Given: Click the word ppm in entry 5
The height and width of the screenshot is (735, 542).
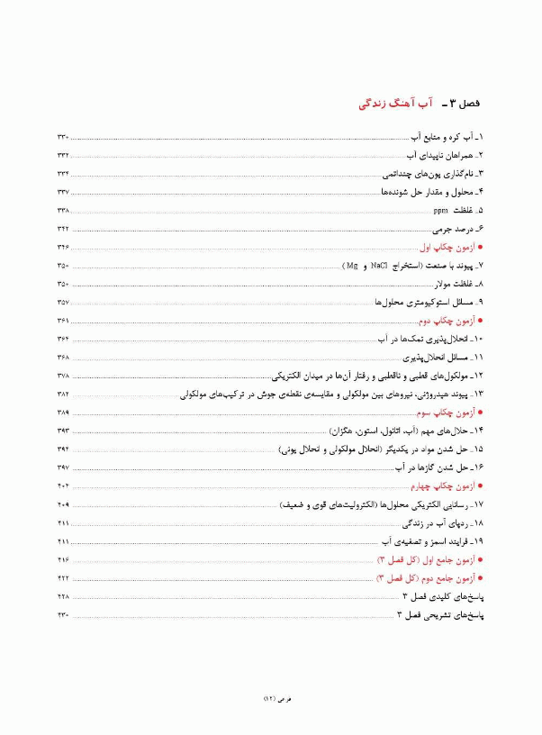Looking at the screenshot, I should point(440,211).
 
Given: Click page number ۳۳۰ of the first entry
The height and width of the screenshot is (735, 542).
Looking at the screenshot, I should point(63,137).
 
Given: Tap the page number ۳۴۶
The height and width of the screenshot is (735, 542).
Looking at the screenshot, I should point(63,248).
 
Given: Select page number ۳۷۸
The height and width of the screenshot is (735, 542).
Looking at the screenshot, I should point(63,376).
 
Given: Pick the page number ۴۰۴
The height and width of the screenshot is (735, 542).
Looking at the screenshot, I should point(63,486).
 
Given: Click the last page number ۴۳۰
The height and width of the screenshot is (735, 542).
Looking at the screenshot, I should point(63,615).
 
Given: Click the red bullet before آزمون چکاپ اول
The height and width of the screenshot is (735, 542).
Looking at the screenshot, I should point(482,248).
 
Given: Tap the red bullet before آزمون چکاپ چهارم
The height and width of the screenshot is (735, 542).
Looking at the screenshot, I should point(482,486).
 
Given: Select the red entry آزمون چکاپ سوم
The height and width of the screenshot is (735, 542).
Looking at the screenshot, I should point(447,413).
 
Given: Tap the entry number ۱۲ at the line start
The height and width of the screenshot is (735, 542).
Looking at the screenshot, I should point(480,376).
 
